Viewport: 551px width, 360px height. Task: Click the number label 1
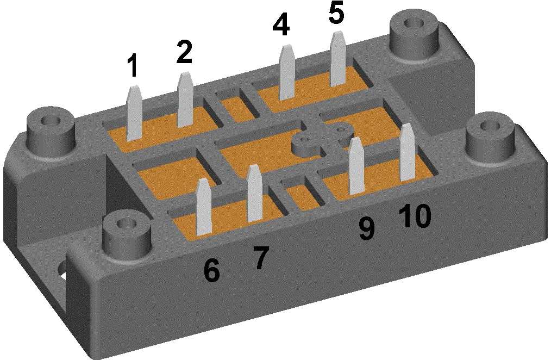tap(132, 66)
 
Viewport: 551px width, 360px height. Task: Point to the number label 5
tap(336, 13)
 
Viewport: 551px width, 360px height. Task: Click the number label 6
tap(211, 270)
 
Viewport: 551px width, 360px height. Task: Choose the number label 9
tap(367, 228)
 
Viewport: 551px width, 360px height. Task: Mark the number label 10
tap(415, 216)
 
